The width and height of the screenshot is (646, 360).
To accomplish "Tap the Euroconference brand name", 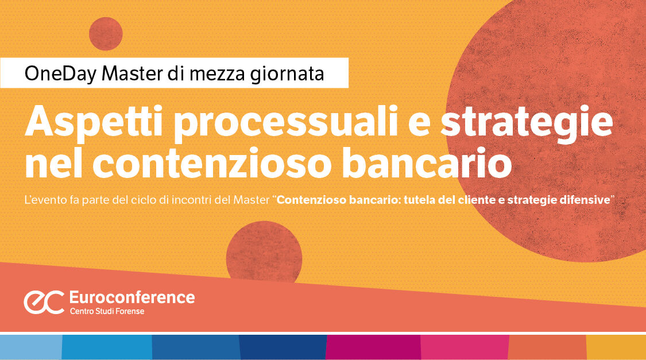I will pos(131,297).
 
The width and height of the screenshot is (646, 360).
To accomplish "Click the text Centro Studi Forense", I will pos(107,312).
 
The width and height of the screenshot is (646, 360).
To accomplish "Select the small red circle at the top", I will pos(106,34).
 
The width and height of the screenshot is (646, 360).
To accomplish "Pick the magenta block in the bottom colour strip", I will pos(373,347).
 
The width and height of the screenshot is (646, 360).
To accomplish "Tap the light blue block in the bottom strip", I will pos(30,347).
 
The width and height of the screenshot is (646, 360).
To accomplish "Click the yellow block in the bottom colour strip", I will pos(616,347).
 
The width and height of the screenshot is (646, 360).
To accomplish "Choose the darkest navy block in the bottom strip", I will pos(282,347).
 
